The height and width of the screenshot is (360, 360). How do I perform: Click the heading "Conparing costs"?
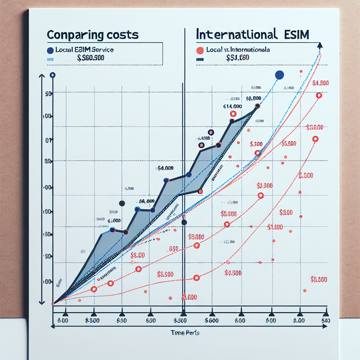(93, 35)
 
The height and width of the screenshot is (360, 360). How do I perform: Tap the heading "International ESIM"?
(253, 35)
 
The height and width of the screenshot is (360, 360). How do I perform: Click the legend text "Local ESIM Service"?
(84, 50)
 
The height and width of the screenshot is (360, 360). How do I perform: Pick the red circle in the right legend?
(200, 50)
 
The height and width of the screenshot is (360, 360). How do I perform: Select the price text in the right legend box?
(238, 58)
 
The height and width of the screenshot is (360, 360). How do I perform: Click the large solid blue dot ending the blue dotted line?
(279, 75)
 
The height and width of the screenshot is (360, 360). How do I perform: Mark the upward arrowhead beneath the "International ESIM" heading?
(320, 45)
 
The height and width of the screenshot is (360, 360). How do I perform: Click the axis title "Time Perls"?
(185, 333)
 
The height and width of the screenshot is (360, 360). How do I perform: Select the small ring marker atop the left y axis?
(52, 75)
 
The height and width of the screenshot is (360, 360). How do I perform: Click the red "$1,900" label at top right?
(320, 83)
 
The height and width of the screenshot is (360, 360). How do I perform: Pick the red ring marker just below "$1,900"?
(319, 95)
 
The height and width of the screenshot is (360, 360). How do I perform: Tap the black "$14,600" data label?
(232, 106)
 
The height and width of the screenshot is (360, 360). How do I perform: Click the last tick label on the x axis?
(326, 321)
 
